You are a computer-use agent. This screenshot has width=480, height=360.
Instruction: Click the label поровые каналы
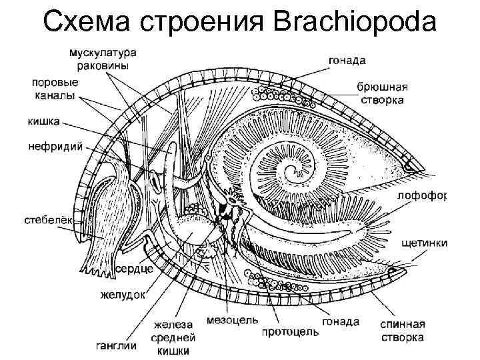(x=55, y=89)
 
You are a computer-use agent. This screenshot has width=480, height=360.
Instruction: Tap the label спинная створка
(x=402, y=331)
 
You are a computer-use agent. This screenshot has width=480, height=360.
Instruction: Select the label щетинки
(x=425, y=243)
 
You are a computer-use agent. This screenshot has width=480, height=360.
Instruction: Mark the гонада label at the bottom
(x=341, y=321)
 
